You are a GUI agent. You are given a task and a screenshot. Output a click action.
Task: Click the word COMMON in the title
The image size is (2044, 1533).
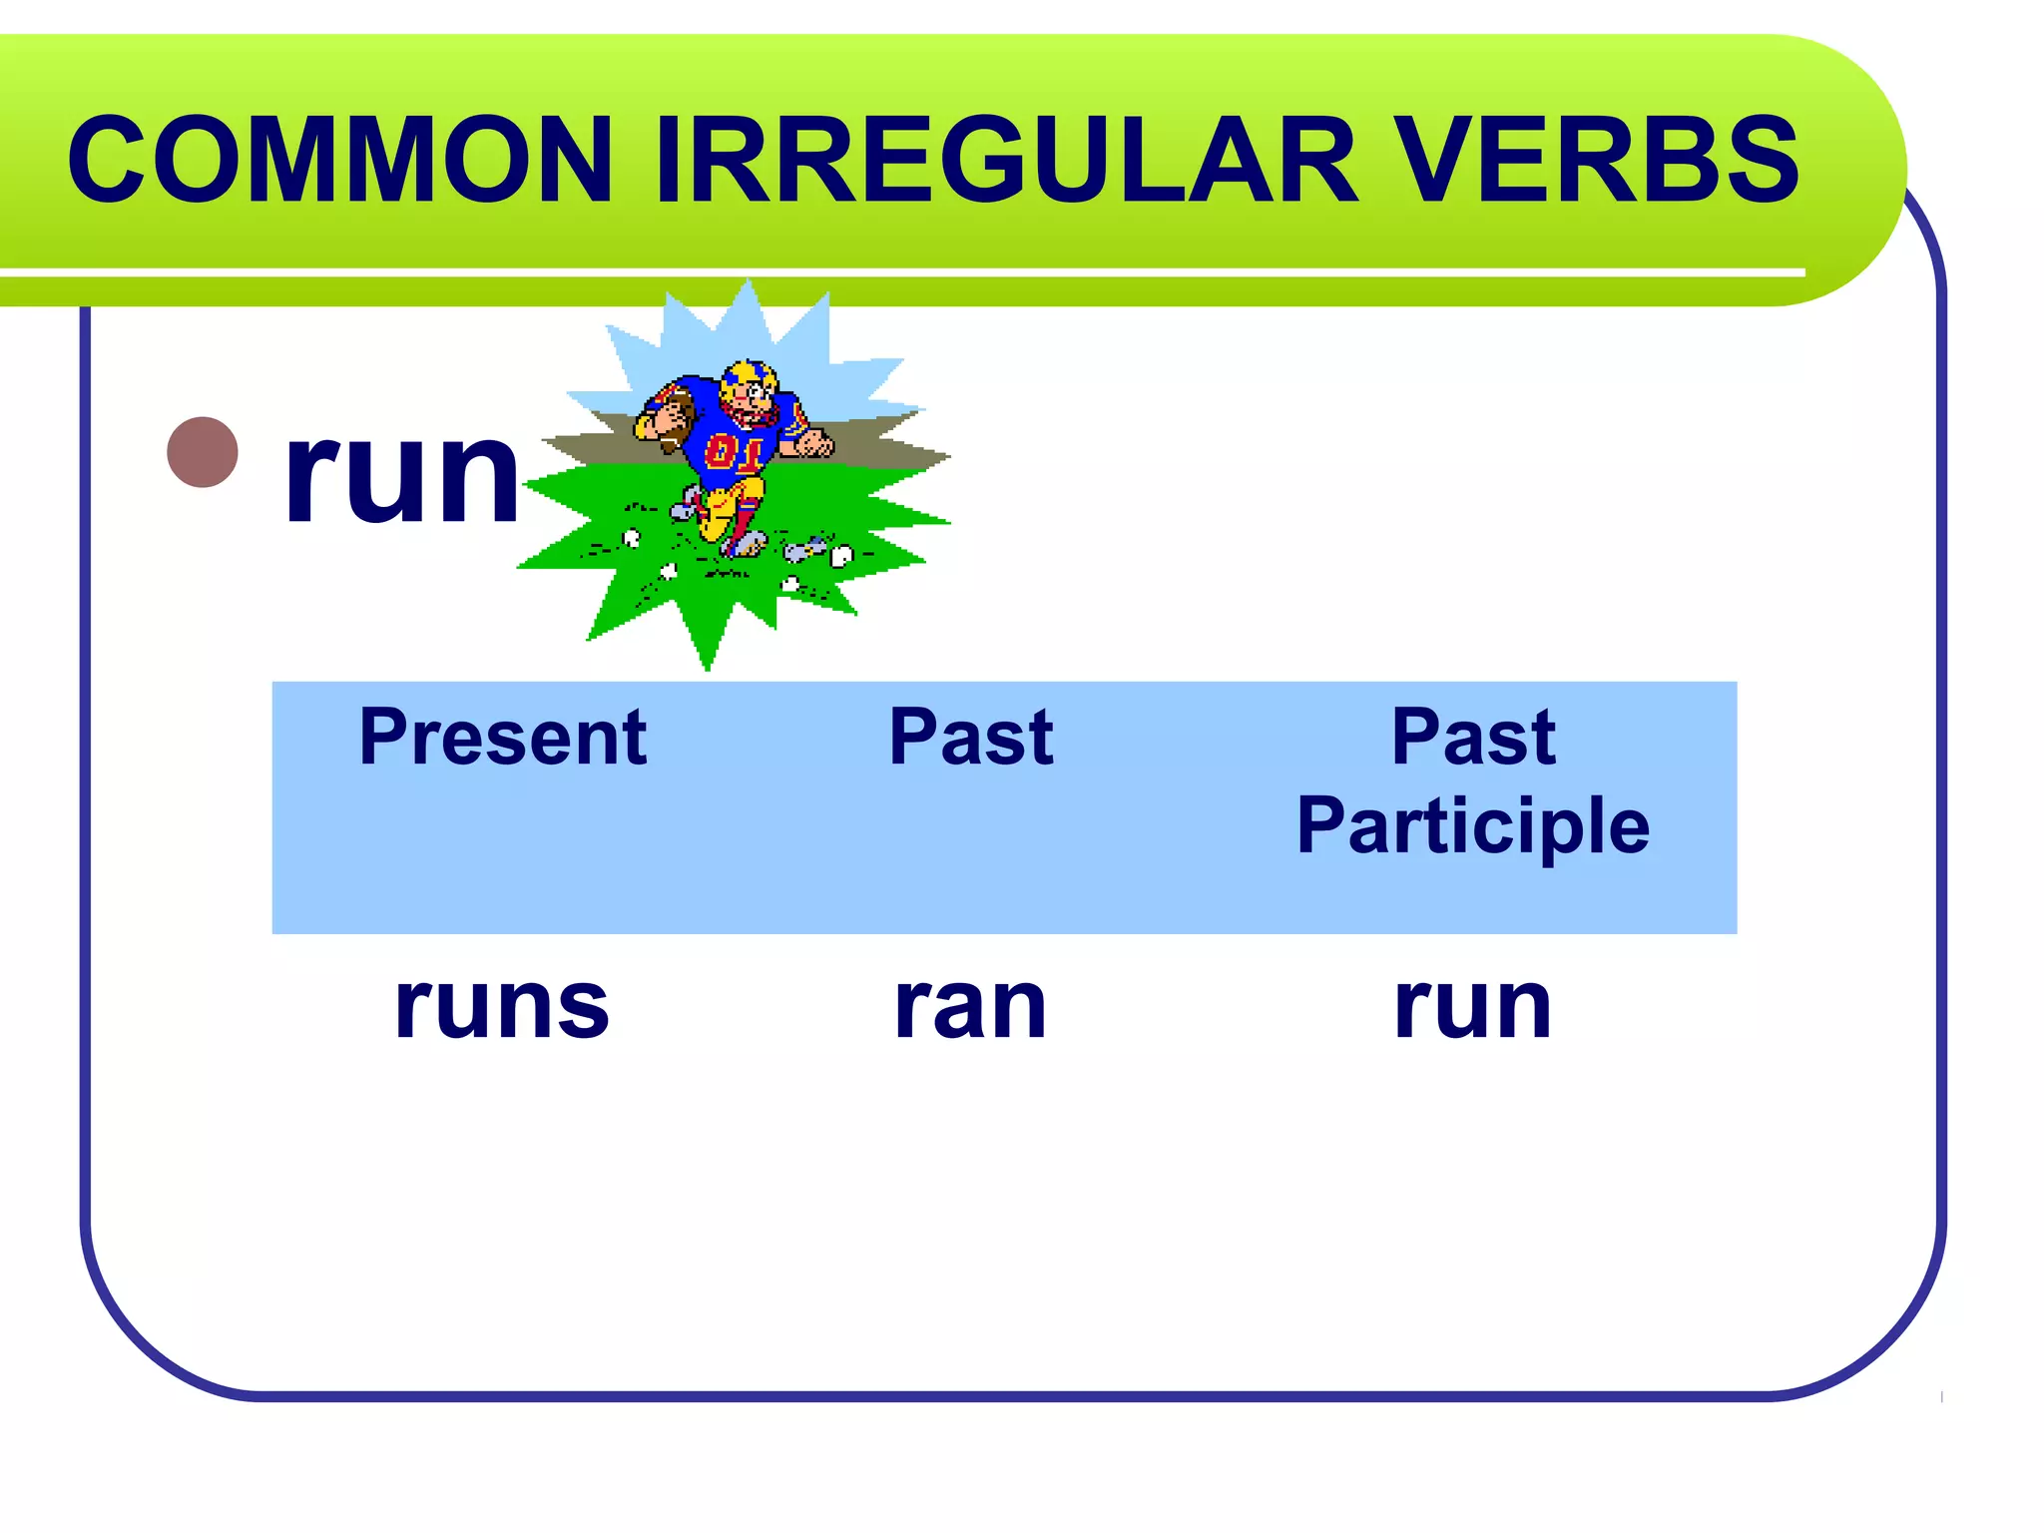pos(339,160)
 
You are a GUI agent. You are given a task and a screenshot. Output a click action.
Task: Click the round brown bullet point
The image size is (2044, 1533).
pos(203,452)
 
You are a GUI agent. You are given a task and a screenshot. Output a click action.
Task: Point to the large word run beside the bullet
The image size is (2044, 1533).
pos(401,474)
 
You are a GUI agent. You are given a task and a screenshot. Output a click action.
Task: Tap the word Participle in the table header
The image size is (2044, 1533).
pos(1473,826)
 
